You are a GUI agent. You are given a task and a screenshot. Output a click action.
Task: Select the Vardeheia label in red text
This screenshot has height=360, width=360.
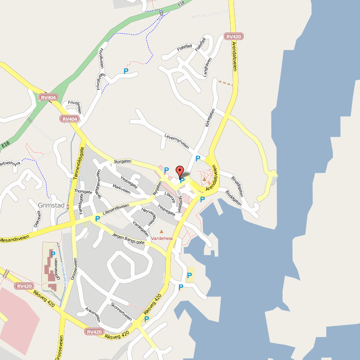pos(162,238)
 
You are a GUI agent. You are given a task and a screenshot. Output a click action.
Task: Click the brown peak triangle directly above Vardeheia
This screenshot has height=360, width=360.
pos(162,232)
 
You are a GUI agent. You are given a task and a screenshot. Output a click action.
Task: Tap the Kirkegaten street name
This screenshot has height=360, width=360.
pos(210,118)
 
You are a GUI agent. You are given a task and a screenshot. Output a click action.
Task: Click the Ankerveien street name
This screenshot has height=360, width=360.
pos(92,315)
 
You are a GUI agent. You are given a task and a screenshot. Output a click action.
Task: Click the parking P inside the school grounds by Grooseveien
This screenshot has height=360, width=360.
pos(53,254)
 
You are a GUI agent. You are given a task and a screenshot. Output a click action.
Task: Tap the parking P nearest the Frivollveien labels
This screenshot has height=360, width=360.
pos(126,71)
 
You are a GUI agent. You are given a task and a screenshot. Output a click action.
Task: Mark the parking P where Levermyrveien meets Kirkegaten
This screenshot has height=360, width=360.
pos(197,158)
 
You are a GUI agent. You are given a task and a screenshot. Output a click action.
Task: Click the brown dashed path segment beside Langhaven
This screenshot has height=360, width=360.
pos(225,83)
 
